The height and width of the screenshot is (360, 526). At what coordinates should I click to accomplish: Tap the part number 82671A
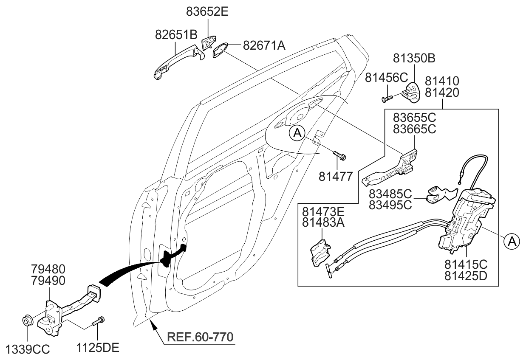pyautogui.click(x=264, y=45)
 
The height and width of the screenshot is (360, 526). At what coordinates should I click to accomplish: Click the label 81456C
pyautogui.click(x=386, y=77)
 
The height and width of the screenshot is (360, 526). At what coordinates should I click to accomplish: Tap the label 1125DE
pyautogui.click(x=98, y=349)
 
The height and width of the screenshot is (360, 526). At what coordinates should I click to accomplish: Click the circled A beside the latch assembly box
pyautogui.click(x=512, y=242)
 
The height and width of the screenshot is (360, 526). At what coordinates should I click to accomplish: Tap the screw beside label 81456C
pyautogui.click(x=386, y=98)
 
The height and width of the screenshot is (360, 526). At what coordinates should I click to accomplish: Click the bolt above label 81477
pyautogui.click(x=339, y=156)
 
